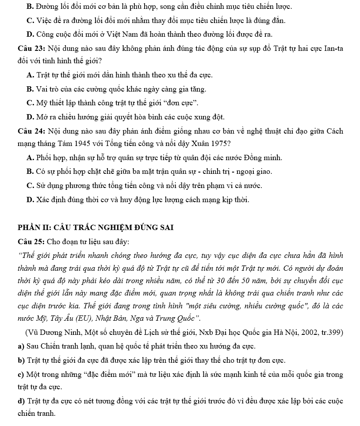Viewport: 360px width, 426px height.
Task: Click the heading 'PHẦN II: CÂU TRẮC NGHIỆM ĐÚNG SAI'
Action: [96, 228]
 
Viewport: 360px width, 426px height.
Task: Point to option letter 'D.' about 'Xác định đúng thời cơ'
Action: [31, 200]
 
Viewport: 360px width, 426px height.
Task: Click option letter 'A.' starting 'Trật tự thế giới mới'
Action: [31, 75]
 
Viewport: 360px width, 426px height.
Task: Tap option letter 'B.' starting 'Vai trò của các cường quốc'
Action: [31, 89]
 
